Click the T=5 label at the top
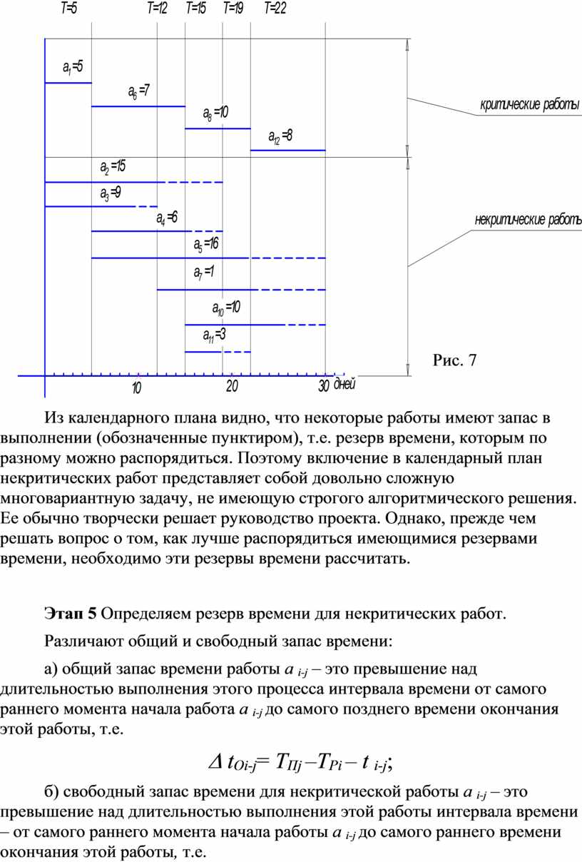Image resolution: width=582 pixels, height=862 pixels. (x=68, y=9)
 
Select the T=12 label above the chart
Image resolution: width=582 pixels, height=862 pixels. (x=157, y=9)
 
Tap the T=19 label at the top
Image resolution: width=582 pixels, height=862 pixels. (x=233, y=9)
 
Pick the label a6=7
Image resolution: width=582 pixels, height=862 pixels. (x=138, y=91)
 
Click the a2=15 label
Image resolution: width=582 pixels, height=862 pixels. (x=113, y=168)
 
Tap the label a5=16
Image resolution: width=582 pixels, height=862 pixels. (x=206, y=245)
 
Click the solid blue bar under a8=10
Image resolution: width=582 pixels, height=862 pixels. (x=218, y=128)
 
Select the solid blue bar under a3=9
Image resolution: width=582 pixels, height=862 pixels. (x=89, y=206)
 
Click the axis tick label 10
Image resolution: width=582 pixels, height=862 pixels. (x=136, y=388)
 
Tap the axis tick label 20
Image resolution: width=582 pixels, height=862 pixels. (x=232, y=387)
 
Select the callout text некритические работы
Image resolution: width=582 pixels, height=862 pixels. (x=528, y=219)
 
